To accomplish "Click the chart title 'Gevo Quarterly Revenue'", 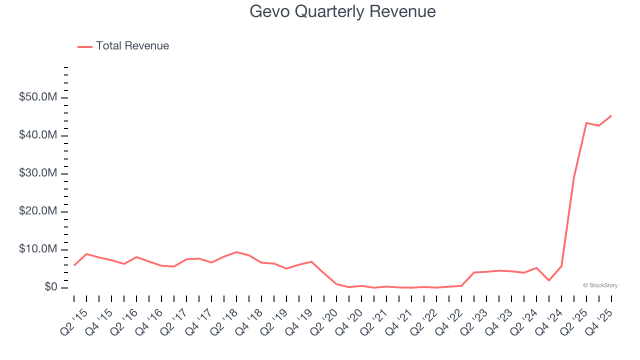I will (342, 11).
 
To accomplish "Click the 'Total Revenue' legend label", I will (132, 46).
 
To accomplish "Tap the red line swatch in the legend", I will (85, 46).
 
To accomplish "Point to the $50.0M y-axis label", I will (38, 97).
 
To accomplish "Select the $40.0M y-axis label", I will (38, 135).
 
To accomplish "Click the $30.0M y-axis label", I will (38, 173).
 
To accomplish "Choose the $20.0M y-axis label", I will (38, 211).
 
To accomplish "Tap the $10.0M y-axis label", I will (38, 249).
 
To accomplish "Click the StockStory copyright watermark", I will (600, 285).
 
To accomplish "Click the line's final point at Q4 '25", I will (611, 115).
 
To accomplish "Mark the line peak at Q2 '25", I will (586, 122).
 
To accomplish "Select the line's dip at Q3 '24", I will (548, 280).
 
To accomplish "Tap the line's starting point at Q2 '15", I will (74, 265).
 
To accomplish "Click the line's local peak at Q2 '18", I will (236, 252).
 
